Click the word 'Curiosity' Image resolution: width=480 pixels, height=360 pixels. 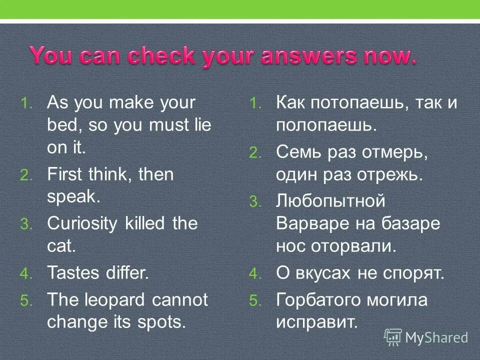(80, 223)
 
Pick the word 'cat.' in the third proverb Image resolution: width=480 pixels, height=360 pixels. (61, 245)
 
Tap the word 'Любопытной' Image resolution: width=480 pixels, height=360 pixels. (330, 201)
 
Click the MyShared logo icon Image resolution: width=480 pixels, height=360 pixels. (393, 337)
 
